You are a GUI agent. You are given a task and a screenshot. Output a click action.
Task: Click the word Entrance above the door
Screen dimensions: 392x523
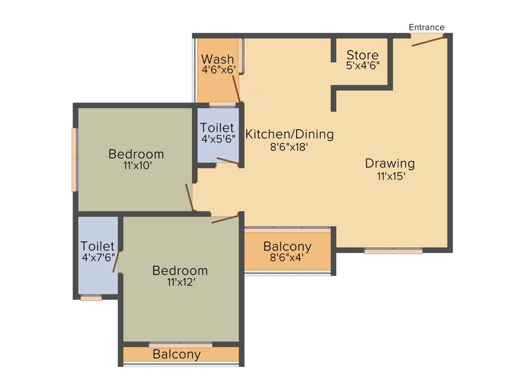click(x=426, y=28)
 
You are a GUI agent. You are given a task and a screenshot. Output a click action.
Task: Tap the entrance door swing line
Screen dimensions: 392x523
click(x=428, y=41)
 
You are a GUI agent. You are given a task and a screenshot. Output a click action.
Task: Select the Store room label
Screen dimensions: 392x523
click(x=363, y=55)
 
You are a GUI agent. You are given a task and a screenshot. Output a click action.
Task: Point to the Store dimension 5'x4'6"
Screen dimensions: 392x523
click(x=363, y=66)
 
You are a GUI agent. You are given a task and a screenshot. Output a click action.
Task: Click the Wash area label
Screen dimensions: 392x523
click(x=218, y=59)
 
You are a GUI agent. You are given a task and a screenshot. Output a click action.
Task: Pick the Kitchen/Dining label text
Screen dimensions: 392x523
click(x=290, y=135)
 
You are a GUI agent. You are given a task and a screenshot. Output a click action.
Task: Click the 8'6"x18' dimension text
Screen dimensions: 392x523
click(x=290, y=148)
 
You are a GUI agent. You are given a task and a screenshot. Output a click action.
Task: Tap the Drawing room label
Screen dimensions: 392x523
click(x=390, y=164)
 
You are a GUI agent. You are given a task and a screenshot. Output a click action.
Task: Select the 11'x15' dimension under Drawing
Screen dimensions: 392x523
click(x=391, y=177)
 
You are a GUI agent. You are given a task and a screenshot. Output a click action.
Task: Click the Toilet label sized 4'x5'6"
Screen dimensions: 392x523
click(x=217, y=128)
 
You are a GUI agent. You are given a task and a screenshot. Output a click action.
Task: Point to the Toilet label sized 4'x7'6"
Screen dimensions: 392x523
click(x=98, y=247)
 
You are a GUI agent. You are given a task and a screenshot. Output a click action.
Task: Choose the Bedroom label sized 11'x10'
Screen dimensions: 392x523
click(x=136, y=154)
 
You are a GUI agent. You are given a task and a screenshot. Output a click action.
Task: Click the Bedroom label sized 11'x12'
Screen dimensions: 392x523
click(x=180, y=271)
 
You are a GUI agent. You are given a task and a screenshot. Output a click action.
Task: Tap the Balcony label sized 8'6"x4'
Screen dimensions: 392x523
click(x=287, y=247)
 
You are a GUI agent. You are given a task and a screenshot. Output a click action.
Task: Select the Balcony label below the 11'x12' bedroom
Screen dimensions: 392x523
click(x=177, y=354)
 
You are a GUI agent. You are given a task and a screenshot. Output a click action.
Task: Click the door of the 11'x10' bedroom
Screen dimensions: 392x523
click(x=189, y=198)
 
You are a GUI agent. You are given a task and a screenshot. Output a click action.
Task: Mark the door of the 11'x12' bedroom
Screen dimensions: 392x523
click(x=225, y=219)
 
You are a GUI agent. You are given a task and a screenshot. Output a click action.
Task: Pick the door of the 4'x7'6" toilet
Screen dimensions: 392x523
click(x=116, y=261)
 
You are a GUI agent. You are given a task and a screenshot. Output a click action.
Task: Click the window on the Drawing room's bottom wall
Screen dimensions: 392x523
click(x=393, y=251)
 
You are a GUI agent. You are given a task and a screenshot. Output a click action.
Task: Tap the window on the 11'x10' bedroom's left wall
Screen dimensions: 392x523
click(x=75, y=160)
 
